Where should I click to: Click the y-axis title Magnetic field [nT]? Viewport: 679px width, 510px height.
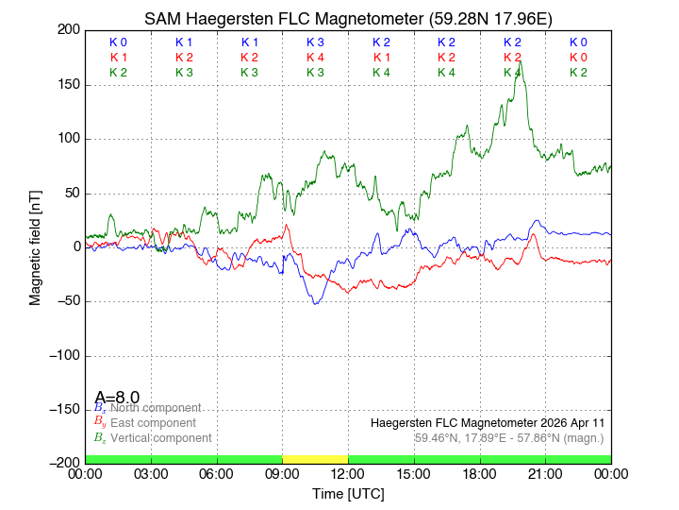[35, 246]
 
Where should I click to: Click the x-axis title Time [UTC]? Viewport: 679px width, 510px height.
[348, 494]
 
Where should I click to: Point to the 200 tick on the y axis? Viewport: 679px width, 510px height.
[69, 30]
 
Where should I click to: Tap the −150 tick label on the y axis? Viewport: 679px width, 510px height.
[62, 409]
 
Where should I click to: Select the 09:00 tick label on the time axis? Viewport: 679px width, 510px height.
[282, 474]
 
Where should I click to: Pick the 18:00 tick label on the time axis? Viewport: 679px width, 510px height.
[479, 474]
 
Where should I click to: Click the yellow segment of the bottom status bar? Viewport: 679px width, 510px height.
[315, 459]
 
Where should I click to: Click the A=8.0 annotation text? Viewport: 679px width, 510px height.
[117, 398]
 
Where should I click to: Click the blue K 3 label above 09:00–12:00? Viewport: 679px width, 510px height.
[315, 42]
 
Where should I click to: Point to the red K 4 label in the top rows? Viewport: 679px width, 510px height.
[315, 58]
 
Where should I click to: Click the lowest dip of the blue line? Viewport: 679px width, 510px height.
[315, 303]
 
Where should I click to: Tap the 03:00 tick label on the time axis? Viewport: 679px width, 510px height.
[151, 474]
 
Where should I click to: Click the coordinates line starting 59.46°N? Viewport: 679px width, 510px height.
[508, 438]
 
